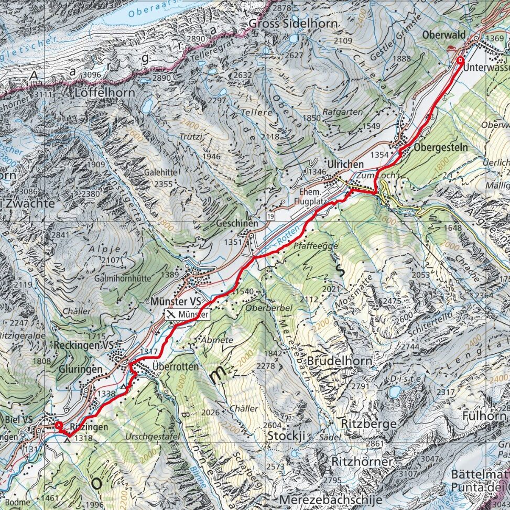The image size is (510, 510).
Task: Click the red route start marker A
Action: pyautogui.click(x=58, y=426)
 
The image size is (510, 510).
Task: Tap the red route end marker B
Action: pyautogui.click(x=461, y=60)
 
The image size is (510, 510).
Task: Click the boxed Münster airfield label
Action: pyautogui.click(x=188, y=314)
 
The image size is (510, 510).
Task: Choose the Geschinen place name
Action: pyautogui.click(x=237, y=224)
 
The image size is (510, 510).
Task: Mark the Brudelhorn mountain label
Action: pyautogui.click(x=339, y=361)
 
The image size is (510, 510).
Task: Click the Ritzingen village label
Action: pyautogui.click(x=89, y=427)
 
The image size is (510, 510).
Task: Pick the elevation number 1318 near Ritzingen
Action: pyautogui.click(x=83, y=439)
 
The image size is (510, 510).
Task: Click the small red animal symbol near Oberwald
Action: pyautogui.click(x=452, y=49)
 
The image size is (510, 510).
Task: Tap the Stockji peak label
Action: pyautogui.click(x=286, y=436)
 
